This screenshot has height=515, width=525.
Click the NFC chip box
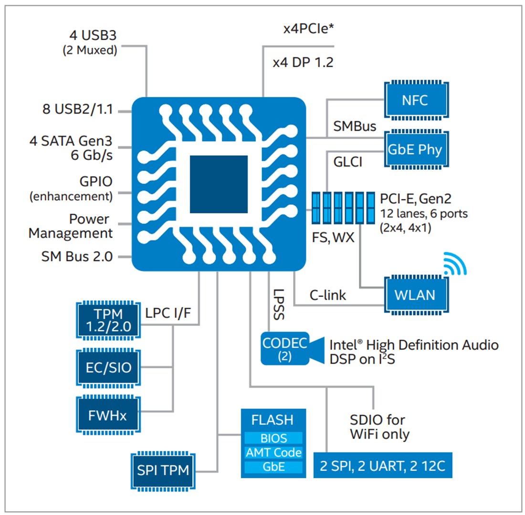(x=414, y=101)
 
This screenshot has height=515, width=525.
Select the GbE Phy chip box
(x=414, y=149)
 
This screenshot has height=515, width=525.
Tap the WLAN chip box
(x=414, y=294)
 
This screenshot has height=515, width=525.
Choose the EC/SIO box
(x=109, y=368)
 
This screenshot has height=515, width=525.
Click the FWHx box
(x=109, y=414)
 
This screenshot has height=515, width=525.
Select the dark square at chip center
(x=219, y=184)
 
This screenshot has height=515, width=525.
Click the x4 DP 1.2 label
(x=303, y=63)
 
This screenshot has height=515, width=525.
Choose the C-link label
(x=327, y=295)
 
